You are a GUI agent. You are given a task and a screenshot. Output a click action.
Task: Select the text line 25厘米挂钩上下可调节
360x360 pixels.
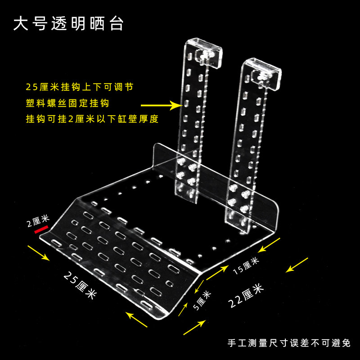[79, 86]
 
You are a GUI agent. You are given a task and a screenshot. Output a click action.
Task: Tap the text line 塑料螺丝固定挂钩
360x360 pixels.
[67, 103]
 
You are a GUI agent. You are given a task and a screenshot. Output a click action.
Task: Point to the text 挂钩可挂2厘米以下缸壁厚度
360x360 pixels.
[92, 120]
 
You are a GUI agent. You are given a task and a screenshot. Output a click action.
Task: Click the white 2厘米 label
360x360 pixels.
[38, 219]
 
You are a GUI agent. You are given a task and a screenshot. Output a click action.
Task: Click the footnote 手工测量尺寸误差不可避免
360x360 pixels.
[289, 343]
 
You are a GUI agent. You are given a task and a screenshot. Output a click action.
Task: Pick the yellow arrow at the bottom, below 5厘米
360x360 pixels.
[195, 327]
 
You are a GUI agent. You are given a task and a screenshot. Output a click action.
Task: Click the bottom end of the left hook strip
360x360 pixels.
[185, 196]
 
